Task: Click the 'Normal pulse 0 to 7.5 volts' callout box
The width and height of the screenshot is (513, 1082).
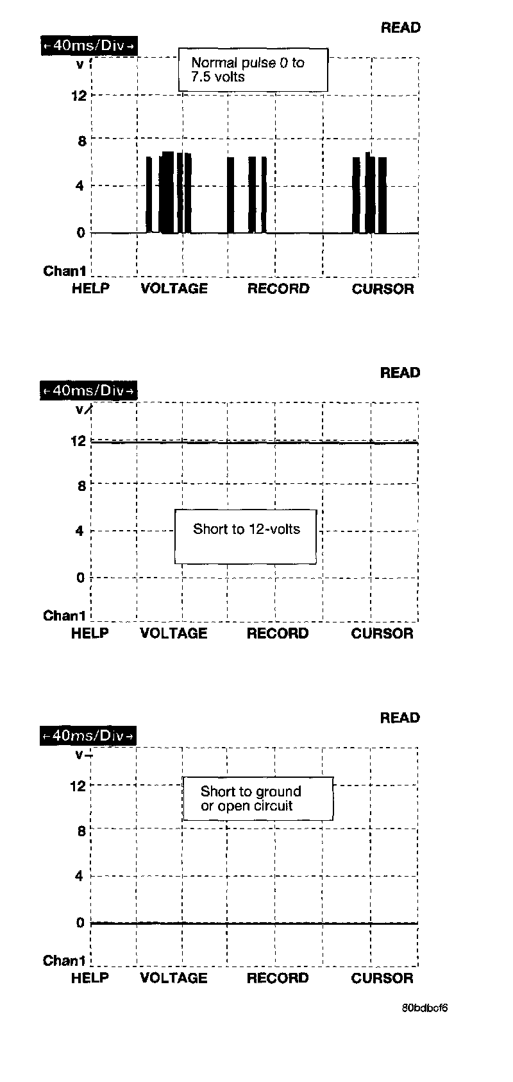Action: click(253, 70)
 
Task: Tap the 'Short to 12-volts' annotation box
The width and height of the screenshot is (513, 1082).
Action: click(246, 537)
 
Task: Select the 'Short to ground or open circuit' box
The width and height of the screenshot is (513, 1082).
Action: click(258, 799)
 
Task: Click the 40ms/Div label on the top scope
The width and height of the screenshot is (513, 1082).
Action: click(89, 46)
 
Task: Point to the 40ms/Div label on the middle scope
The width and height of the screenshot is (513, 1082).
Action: click(89, 390)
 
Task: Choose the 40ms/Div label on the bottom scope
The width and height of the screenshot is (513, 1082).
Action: click(89, 735)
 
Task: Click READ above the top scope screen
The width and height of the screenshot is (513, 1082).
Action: click(401, 28)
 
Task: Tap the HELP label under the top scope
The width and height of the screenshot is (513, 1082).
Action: click(90, 289)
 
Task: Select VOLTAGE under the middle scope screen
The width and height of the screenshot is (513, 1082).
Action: click(174, 633)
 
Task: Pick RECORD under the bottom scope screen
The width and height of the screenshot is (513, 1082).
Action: click(278, 978)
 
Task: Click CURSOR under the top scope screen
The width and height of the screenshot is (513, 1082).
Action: click(383, 289)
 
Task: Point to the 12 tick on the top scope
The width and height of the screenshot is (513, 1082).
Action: click(79, 96)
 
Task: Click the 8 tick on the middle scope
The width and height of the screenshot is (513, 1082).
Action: click(81, 486)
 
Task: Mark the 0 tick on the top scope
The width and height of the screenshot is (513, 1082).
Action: click(81, 233)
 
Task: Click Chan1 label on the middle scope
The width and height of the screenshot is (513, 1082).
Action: click(64, 616)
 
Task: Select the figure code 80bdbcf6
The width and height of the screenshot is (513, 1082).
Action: click(425, 1008)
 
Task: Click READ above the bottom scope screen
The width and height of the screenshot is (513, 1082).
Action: click(400, 717)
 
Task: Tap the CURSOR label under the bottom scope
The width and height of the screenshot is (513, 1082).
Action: click(382, 978)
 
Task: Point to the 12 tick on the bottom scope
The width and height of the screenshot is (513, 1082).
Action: click(78, 786)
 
